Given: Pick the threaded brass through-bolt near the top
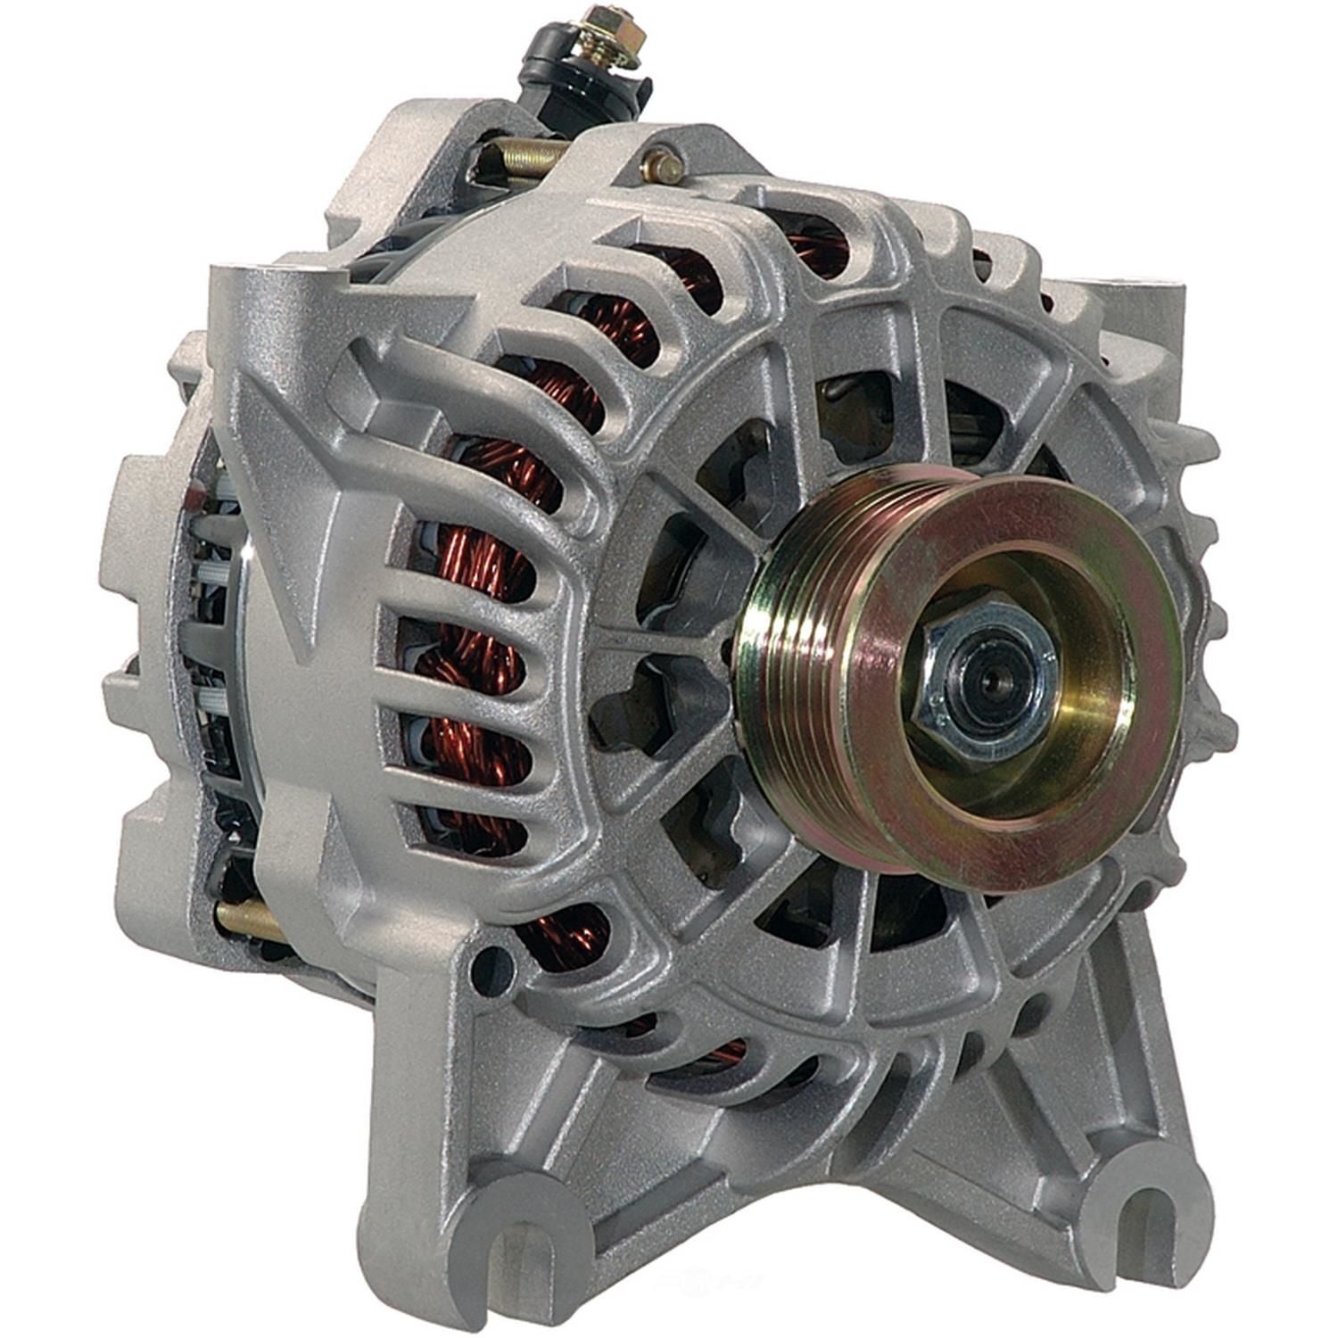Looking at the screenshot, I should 526,161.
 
